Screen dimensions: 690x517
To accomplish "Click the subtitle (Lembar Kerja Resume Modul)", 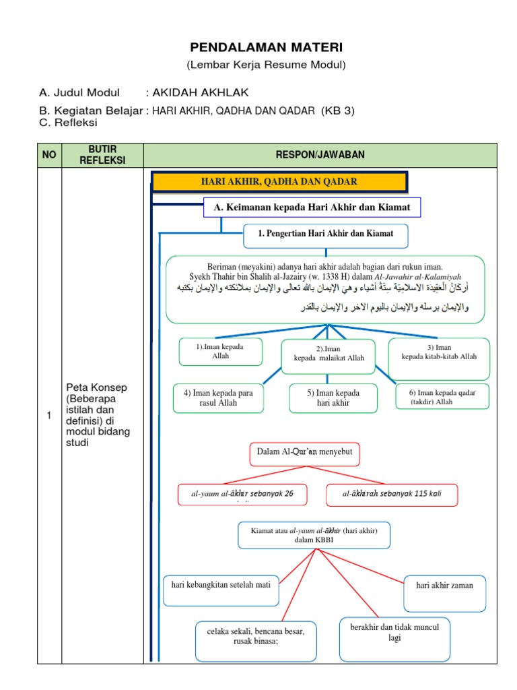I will [x=266, y=65].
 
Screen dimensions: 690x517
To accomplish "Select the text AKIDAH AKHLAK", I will [x=196, y=93].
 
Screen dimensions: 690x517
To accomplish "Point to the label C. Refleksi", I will [x=69, y=123].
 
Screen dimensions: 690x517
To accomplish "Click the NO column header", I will [x=48, y=155].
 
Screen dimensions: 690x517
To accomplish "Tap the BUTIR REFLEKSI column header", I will [x=102, y=155].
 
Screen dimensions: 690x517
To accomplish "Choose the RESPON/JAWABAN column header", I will [x=320, y=155].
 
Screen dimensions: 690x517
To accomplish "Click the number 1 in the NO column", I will [x=48, y=416].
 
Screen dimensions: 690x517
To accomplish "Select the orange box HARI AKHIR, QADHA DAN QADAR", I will [x=279, y=182].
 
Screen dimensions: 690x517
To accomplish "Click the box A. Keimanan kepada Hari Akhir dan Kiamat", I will [x=312, y=208].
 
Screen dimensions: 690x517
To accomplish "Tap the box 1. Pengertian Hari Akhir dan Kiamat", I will [x=325, y=235].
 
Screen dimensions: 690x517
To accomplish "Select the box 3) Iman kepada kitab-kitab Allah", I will [x=439, y=352].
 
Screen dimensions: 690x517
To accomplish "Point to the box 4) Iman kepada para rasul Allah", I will [x=218, y=398].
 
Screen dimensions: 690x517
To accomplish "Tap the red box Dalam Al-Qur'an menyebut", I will [x=304, y=453].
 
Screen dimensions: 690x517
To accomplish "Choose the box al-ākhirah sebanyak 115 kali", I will [x=392, y=494].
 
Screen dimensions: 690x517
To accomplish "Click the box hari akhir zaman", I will [x=444, y=586].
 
